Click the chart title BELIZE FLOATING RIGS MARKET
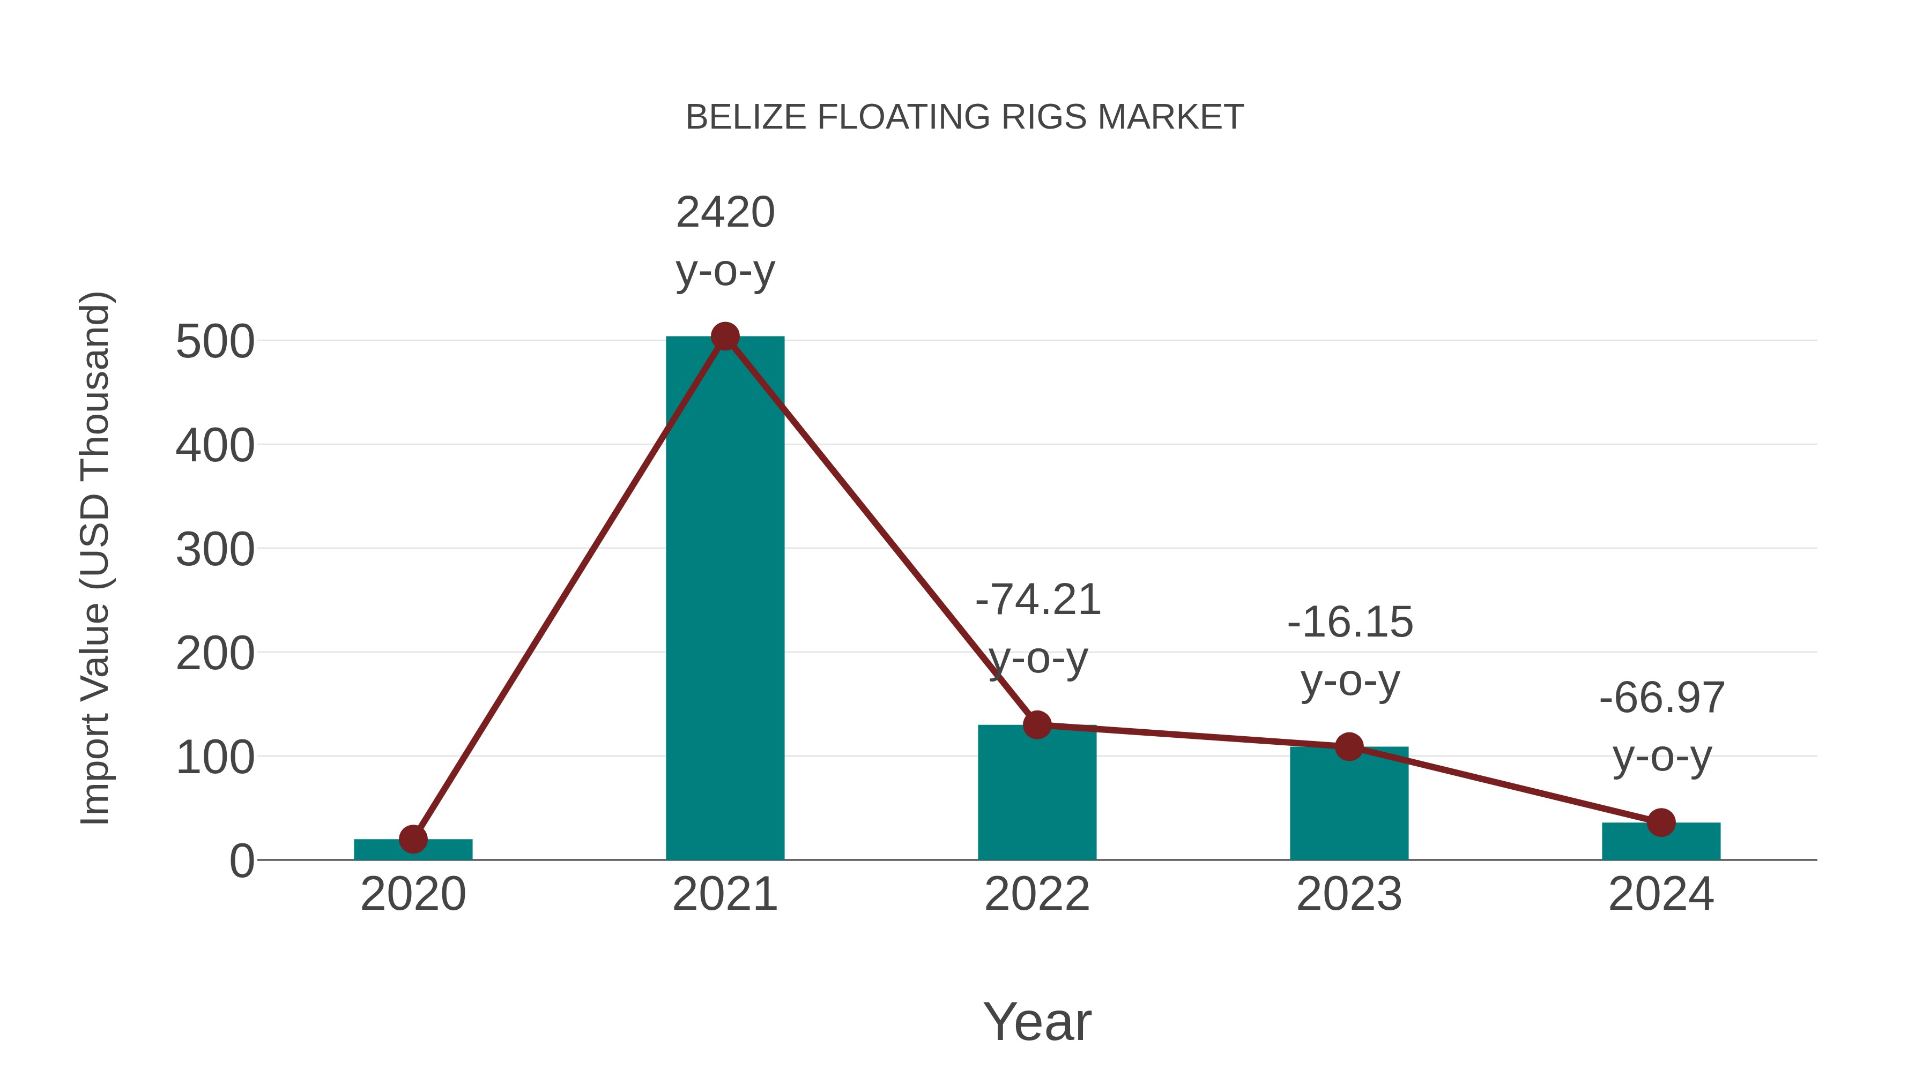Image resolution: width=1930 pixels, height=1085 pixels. click(964, 117)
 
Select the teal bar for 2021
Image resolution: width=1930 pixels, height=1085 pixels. click(724, 599)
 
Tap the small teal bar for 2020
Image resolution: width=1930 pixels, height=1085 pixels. click(413, 851)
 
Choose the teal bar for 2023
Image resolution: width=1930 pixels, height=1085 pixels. click(1349, 805)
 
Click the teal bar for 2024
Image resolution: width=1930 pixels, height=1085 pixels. click(1661, 842)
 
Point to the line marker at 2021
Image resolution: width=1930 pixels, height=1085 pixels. click(724, 337)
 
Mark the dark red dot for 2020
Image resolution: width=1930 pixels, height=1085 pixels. click(413, 840)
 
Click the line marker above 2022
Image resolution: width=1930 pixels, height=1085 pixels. click(1037, 725)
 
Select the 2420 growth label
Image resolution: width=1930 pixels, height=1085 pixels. click(724, 213)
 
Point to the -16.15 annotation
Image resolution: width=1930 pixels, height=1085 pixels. click(1349, 623)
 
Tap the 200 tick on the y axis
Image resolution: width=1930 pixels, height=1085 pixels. click(215, 654)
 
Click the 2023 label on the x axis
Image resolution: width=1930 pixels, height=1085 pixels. click(1349, 894)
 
